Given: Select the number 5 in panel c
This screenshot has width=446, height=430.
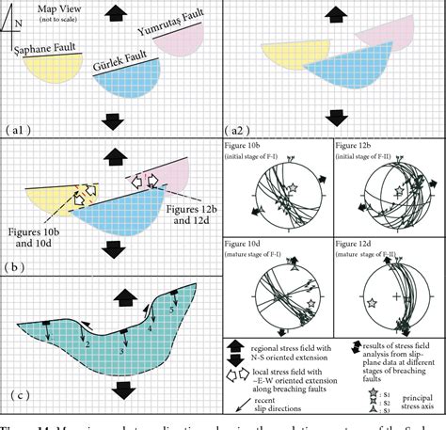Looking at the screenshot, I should coord(171,306).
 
